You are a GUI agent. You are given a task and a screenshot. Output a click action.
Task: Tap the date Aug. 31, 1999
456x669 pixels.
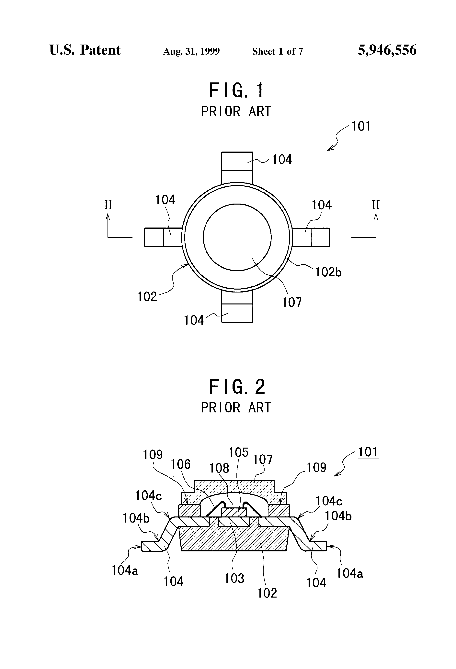191,51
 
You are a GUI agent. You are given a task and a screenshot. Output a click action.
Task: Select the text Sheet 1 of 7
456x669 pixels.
278,51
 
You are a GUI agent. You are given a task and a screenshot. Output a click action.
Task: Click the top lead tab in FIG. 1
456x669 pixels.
237,168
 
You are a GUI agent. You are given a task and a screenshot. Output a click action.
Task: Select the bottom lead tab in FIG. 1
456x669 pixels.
237,306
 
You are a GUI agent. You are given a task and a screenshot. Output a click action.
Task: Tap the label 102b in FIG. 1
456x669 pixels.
328,272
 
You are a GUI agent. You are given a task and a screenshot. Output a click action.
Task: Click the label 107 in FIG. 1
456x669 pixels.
292,302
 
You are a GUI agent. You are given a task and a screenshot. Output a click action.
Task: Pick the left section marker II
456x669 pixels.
108,205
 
